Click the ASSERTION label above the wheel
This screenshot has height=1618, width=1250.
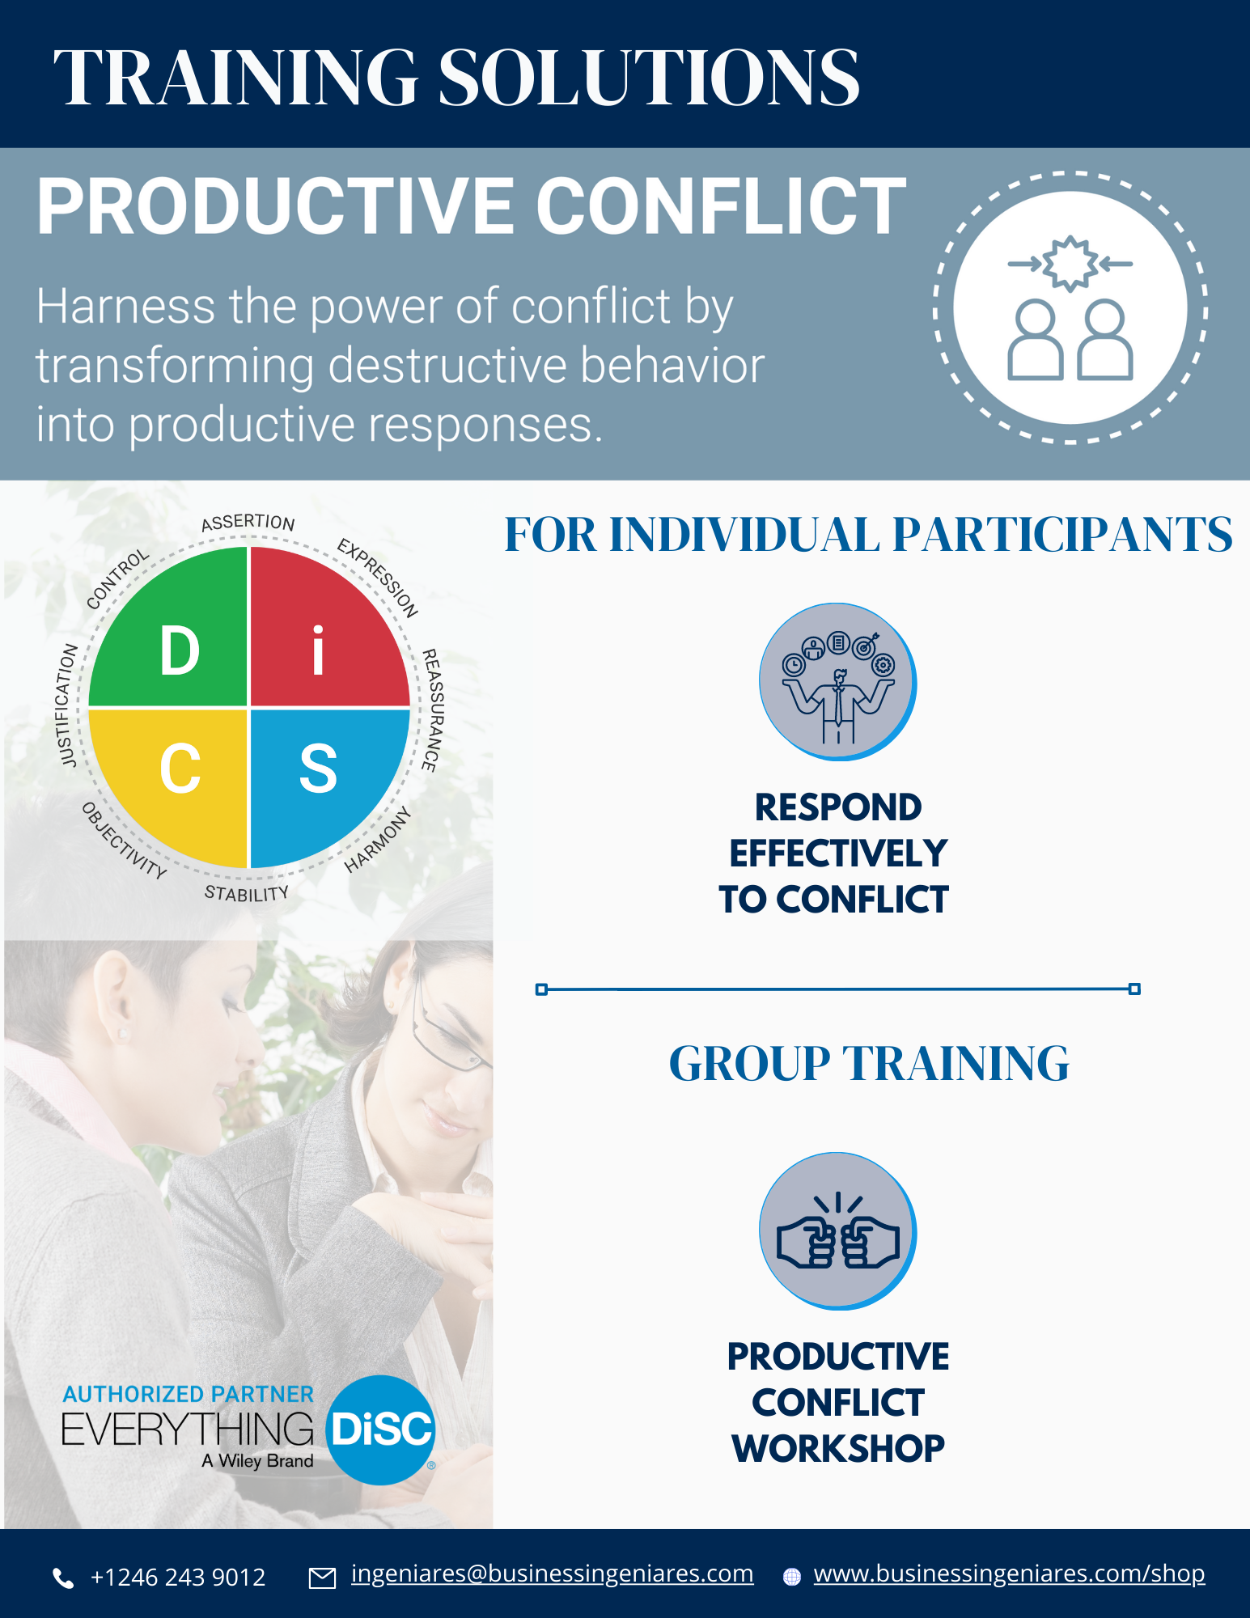click(x=248, y=523)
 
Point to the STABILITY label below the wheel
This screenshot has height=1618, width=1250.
click(x=247, y=893)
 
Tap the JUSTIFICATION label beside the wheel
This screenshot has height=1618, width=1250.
click(x=68, y=705)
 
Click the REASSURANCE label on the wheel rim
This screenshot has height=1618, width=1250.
click(x=433, y=709)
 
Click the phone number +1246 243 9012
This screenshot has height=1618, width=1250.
click(x=177, y=1577)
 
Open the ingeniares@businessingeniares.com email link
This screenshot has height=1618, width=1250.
click(x=552, y=1574)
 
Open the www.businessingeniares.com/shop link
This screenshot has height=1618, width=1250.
click(x=1009, y=1574)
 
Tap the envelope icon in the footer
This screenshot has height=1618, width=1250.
click(x=323, y=1578)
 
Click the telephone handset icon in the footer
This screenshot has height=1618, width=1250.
click(x=63, y=1578)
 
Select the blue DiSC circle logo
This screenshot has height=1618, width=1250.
click(x=380, y=1430)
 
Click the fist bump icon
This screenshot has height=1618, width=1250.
click(x=837, y=1231)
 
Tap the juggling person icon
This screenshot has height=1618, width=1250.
click(x=837, y=681)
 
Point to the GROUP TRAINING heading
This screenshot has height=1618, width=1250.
click(x=869, y=1063)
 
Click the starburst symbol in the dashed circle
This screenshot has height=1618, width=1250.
click(x=1070, y=263)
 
